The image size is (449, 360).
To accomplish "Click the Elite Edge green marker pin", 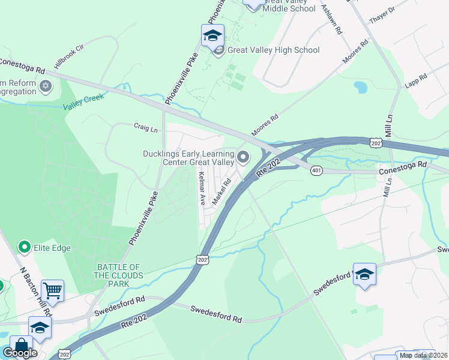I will pos(25,247).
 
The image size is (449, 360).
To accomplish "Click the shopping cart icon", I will pos(53,291).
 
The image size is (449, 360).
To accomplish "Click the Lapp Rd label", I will pos(415,80).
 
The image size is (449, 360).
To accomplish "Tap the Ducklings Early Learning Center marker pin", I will pos(243,157).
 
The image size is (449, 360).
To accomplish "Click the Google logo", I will pos(20,353).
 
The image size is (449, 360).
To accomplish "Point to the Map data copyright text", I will pos(424,355).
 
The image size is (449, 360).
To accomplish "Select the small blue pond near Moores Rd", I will pos(360,88).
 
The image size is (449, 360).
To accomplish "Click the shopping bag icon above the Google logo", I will pos(21,346).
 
